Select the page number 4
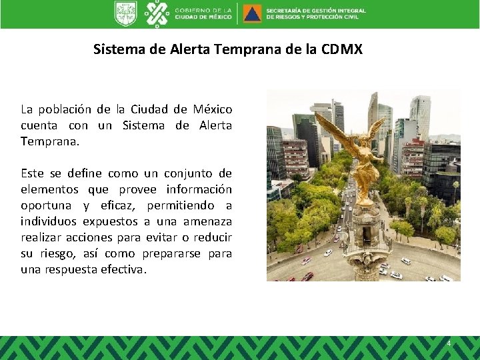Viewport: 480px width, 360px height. [x=449, y=343]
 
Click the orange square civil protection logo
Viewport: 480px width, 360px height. [x=252, y=13]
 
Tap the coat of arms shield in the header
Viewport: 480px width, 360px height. [x=125, y=13]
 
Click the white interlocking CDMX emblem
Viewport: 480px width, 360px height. [x=157, y=13]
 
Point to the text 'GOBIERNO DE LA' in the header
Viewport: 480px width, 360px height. [x=203, y=10]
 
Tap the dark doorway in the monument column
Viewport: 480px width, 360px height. [x=365, y=267]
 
